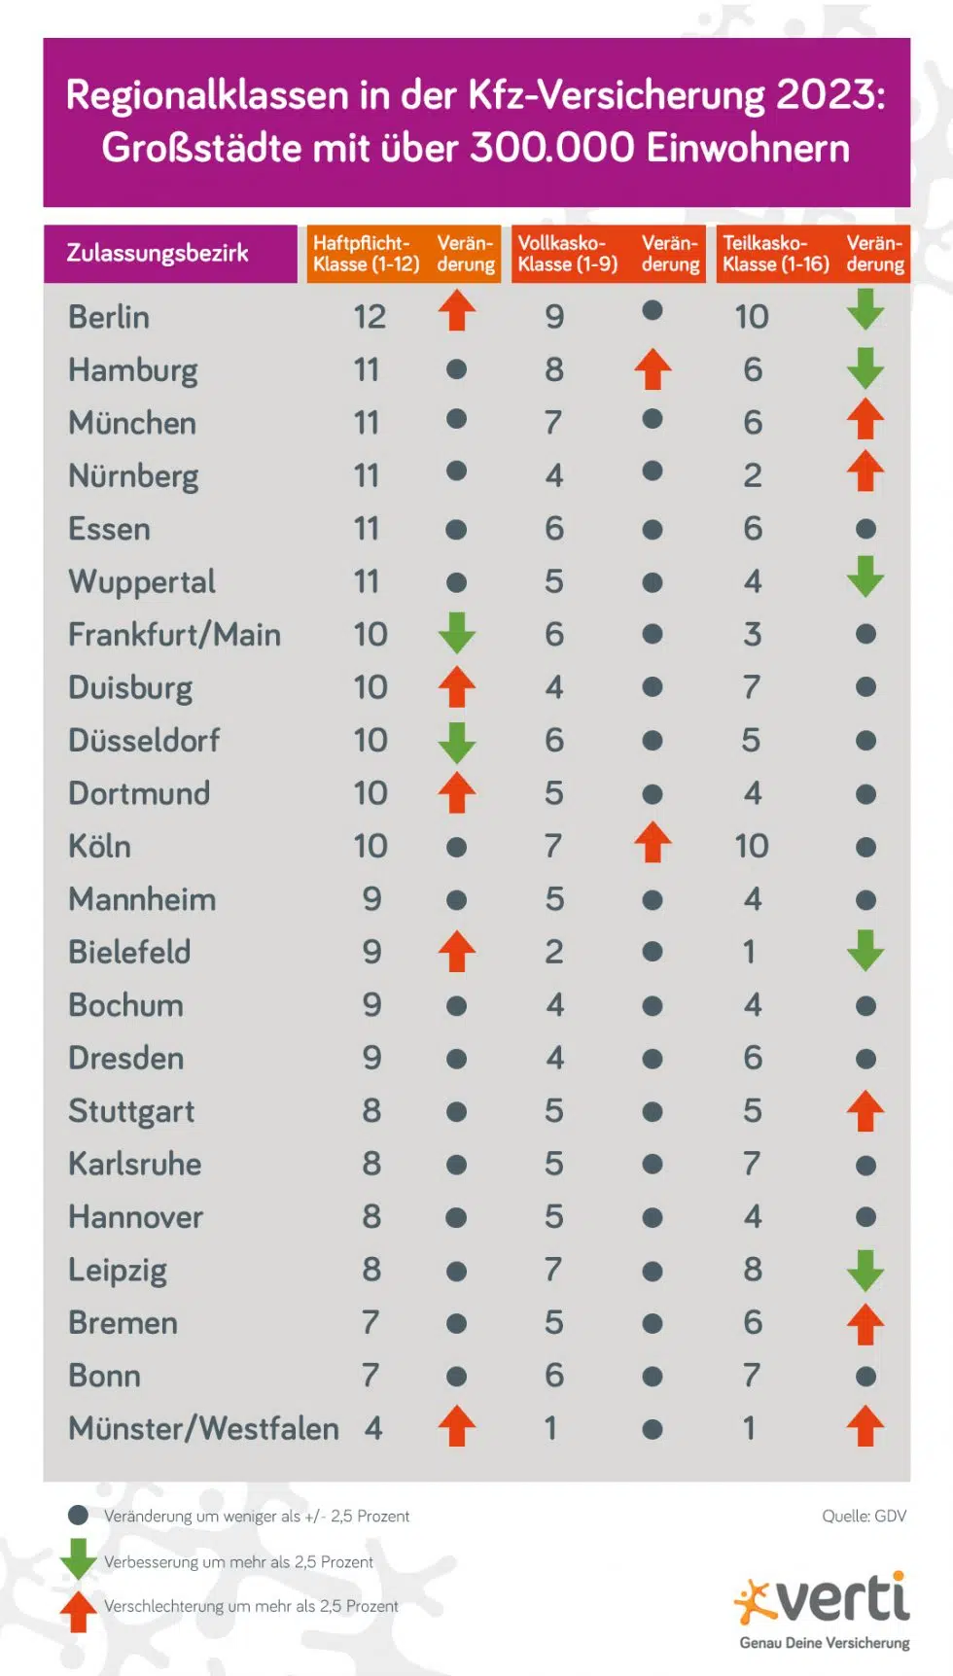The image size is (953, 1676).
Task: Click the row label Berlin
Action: [x=109, y=317]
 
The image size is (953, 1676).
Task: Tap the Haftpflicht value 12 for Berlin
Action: [x=370, y=317]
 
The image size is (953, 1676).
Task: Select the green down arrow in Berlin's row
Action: [x=865, y=311]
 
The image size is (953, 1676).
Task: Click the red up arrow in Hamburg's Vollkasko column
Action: [x=653, y=369]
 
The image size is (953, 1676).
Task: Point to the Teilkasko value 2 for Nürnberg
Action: [x=752, y=475]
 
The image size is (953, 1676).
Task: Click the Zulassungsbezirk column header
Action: [x=158, y=254]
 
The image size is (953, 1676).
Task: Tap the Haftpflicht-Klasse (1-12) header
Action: [x=366, y=254]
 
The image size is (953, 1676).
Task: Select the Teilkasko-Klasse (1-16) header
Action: [x=775, y=254]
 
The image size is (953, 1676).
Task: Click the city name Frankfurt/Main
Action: [x=174, y=635]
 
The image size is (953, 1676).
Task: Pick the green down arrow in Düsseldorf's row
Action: [x=456, y=742]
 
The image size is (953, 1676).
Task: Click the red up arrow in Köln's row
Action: [x=653, y=843]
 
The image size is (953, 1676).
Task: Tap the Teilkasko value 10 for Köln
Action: [x=752, y=846]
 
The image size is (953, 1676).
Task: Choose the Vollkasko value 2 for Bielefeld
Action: [x=554, y=952]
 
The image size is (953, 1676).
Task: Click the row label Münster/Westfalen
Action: [x=203, y=1428]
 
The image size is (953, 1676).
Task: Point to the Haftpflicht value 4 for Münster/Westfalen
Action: [x=373, y=1428]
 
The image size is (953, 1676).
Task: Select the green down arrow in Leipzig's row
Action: [x=865, y=1270]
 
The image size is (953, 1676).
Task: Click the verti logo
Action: [x=824, y=1600]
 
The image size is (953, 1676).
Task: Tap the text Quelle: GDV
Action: [x=864, y=1516]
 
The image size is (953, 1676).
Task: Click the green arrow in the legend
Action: [x=78, y=1557]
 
